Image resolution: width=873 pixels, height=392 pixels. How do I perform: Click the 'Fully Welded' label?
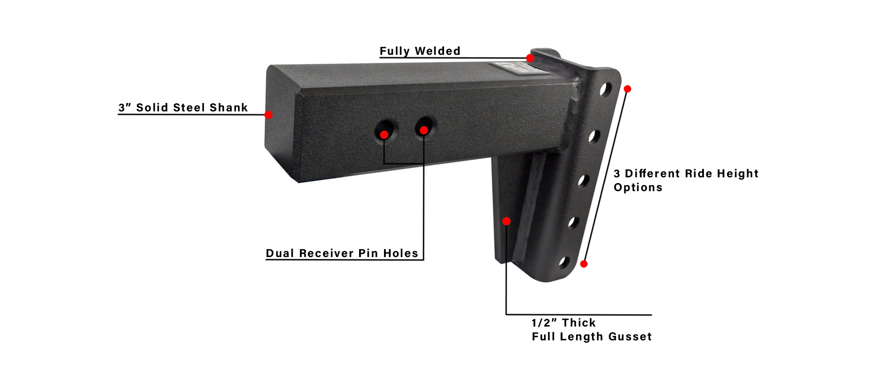click(x=420, y=51)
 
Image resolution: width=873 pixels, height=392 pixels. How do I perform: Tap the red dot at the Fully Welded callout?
click(x=530, y=58)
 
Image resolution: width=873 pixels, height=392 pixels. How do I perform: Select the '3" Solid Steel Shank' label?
click(x=183, y=107)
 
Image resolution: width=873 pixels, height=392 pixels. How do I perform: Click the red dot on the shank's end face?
click(x=268, y=115)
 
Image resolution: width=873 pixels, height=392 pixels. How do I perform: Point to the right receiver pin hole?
click(x=425, y=127)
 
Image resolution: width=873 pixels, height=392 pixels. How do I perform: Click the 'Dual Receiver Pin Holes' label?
click(x=342, y=253)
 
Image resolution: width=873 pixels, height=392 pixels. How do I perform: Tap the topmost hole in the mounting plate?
click(x=605, y=90)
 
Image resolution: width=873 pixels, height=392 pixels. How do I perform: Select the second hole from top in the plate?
click(x=594, y=136)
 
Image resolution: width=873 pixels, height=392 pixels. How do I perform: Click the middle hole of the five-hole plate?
click(x=584, y=180)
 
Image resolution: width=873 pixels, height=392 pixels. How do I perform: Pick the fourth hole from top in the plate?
click(x=574, y=222)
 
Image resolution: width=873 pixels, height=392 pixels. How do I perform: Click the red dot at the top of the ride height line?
click(x=627, y=89)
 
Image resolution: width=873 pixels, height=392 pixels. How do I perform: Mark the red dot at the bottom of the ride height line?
click(x=584, y=264)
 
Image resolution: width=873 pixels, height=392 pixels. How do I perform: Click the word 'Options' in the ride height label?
click(x=638, y=188)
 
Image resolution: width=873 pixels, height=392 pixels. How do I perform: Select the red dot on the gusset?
click(x=506, y=221)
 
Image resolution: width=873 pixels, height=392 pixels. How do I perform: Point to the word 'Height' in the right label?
click(x=738, y=174)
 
